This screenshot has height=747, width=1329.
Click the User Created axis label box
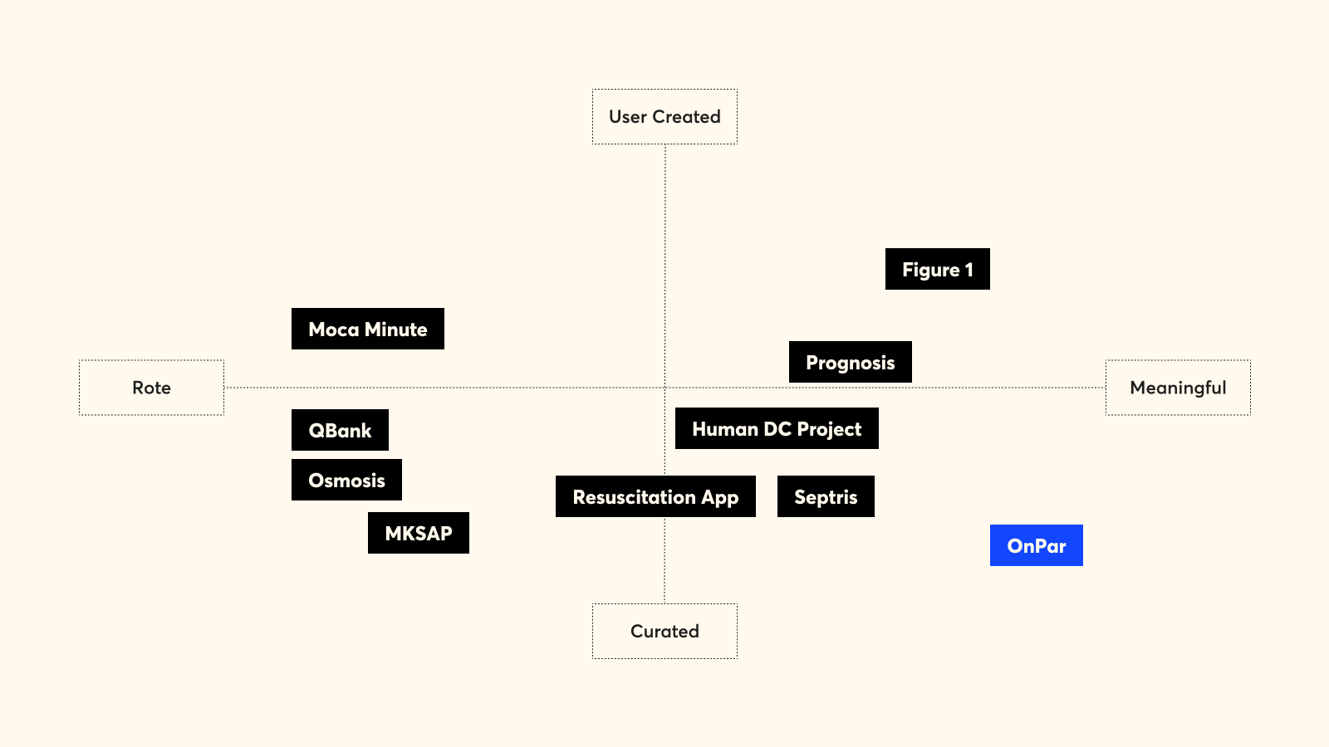pos(664,117)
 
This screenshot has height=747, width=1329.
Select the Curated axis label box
pos(664,632)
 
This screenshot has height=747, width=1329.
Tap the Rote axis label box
pos(151,388)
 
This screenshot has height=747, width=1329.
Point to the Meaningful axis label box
pos(1178,388)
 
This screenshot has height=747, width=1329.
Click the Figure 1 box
pos(938,269)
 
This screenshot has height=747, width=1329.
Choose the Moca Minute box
pos(368,329)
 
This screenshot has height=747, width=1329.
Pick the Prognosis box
pos(851,362)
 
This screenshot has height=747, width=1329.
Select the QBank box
pos(340,430)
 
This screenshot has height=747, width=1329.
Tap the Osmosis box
pos(346,480)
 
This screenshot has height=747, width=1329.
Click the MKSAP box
pos(419,533)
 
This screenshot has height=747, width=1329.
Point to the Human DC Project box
pos(777,428)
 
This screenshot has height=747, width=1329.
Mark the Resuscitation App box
pos(655,496)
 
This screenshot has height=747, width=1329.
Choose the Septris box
pos(826,496)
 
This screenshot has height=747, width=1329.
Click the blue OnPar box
pos(1037,545)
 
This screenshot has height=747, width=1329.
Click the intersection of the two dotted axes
pos(664,388)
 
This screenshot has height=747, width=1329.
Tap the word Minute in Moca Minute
pos(395,329)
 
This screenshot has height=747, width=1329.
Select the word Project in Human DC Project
pos(829,429)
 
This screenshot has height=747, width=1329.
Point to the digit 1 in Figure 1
pos(969,271)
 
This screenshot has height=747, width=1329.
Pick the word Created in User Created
pos(686,117)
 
